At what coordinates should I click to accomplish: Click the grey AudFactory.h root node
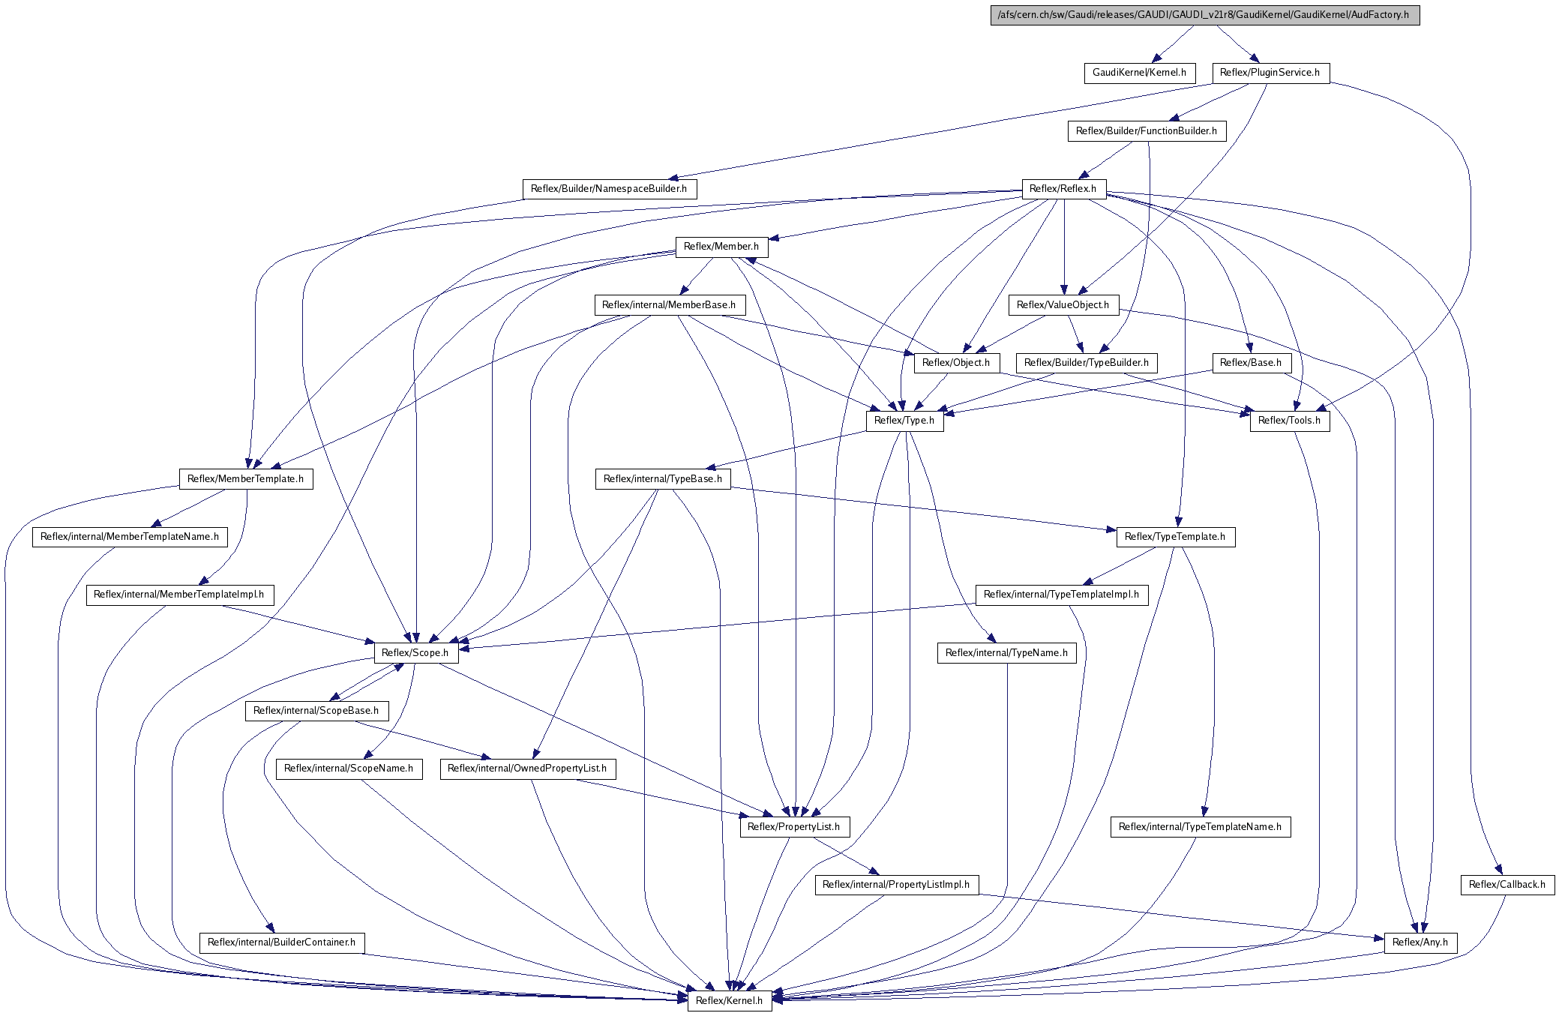(1205, 15)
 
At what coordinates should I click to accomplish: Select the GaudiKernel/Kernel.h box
(1139, 73)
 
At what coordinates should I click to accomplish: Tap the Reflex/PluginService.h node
(1271, 73)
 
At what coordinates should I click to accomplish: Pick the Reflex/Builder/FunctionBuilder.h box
(1147, 131)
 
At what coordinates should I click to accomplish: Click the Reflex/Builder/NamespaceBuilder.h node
(609, 189)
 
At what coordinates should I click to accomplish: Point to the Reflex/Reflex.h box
(1063, 189)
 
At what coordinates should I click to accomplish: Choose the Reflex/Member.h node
(721, 247)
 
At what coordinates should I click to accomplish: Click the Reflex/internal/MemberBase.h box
(670, 305)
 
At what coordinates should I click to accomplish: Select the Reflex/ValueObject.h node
(1063, 305)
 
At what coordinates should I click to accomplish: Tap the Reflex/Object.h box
(956, 363)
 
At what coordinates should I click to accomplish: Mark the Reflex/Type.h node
(904, 421)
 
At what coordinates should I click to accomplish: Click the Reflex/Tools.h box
(1290, 421)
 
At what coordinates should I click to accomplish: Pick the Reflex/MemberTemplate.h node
(246, 479)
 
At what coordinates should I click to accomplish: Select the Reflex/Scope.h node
(415, 653)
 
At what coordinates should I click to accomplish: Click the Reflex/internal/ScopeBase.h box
(316, 711)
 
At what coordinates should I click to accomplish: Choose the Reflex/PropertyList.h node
(795, 827)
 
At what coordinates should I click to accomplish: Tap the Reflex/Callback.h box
(1507, 885)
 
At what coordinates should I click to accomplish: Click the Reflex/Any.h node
(1420, 943)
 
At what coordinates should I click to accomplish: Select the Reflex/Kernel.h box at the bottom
(730, 1001)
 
